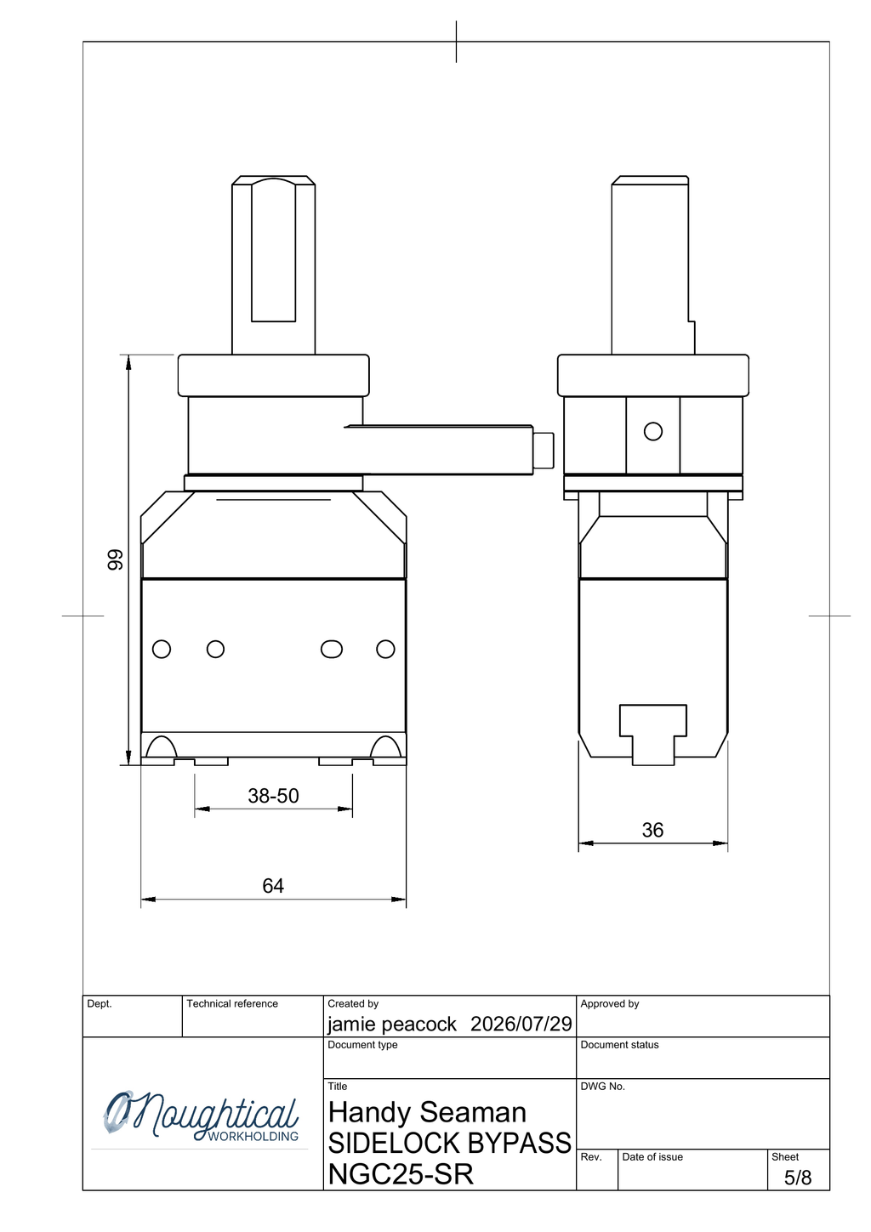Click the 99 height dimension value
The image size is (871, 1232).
point(115,560)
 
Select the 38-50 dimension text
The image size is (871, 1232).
point(273,796)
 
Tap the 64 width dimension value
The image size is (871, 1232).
point(273,885)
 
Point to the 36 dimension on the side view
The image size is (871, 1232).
point(652,830)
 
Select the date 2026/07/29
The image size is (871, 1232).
point(521,1024)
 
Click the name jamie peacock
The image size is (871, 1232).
point(392,1024)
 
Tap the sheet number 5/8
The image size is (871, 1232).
point(797,1178)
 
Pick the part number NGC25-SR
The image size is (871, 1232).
point(401,1174)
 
